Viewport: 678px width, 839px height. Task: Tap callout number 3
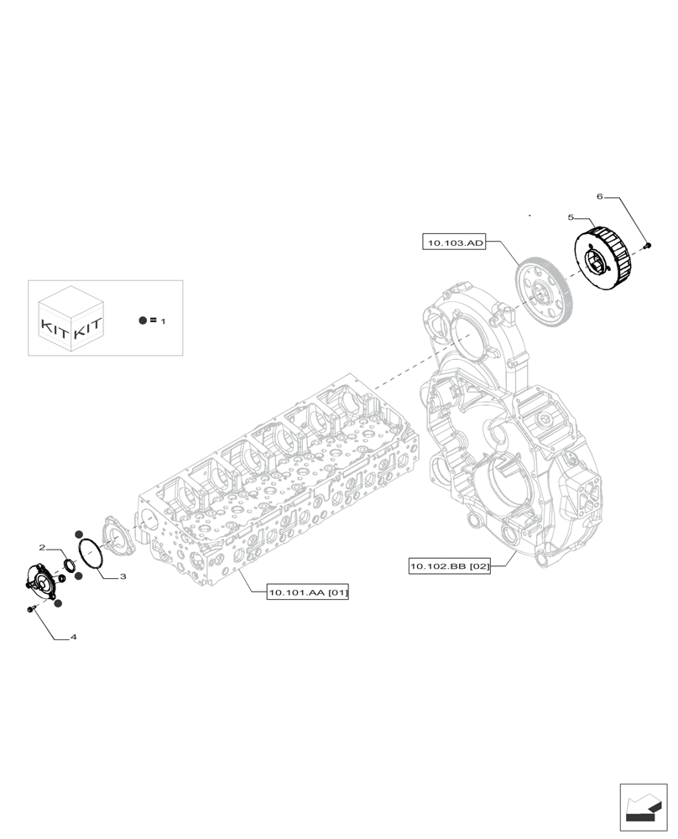123,576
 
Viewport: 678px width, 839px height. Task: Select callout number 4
74,638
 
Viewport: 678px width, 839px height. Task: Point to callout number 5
571,217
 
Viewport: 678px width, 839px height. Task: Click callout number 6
600,196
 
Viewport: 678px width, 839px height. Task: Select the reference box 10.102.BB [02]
449,568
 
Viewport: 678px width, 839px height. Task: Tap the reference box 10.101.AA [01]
307,593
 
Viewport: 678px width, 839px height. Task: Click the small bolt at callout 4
30,607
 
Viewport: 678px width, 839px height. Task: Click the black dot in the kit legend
143,320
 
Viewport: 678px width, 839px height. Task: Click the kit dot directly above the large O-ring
78,534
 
